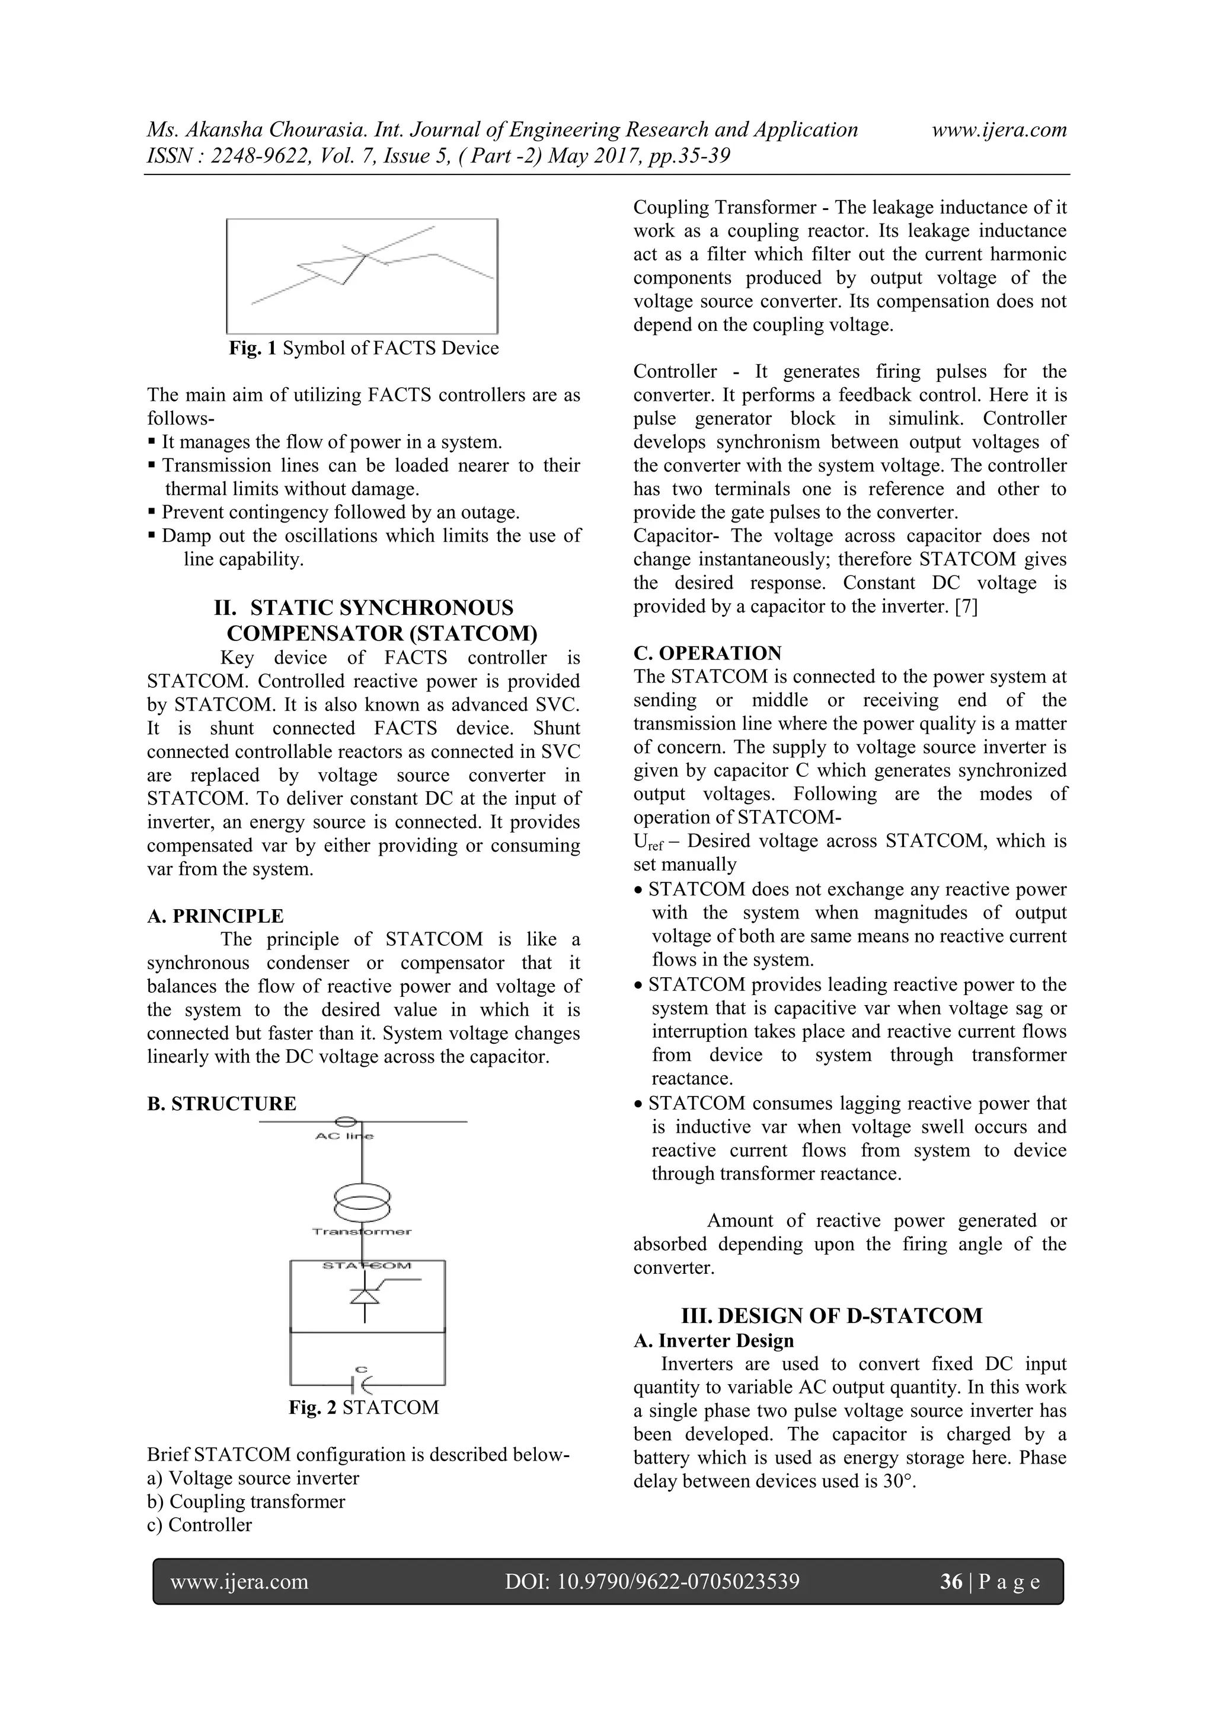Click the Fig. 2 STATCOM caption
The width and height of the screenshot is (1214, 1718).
tap(363, 1407)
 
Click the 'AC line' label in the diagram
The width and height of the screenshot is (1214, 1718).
tap(344, 1136)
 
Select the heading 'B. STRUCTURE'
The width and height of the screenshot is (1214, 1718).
tap(222, 1104)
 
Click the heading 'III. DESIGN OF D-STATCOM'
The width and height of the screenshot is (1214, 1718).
tap(831, 1315)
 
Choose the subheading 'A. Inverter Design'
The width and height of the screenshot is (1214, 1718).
tap(713, 1340)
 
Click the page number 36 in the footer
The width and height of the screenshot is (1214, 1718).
tap(951, 1581)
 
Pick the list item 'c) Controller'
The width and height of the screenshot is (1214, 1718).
tap(200, 1525)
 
